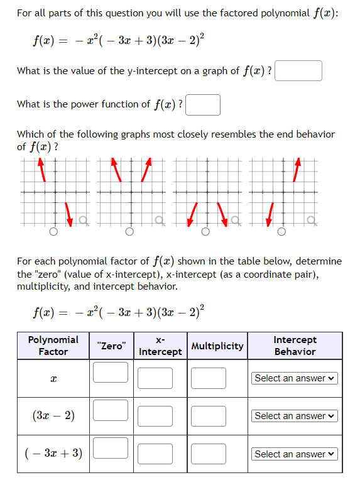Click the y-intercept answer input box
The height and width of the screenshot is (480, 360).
click(298, 70)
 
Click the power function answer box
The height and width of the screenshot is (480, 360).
click(203, 105)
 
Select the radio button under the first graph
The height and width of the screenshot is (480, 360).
click(53, 232)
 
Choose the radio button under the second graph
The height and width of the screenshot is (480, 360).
click(129, 232)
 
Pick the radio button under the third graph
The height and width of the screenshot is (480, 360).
click(205, 232)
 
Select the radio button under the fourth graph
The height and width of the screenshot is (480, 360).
click(281, 232)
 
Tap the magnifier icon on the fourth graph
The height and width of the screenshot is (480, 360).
click(310, 220)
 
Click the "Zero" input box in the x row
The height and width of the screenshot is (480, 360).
click(111, 372)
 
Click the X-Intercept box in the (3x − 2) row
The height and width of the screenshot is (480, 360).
click(155, 416)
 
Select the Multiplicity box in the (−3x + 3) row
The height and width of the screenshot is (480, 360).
click(209, 454)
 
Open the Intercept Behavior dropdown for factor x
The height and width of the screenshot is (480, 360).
click(295, 378)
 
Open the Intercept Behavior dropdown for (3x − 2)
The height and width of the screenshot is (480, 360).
click(295, 416)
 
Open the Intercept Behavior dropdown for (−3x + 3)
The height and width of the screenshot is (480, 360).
click(295, 454)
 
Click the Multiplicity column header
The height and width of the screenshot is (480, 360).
click(217, 346)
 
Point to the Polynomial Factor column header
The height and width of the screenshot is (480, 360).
click(53, 346)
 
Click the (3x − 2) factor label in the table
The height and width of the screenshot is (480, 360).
click(53, 415)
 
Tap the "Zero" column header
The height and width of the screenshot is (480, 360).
click(111, 346)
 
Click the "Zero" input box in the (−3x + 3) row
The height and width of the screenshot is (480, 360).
click(111, 447)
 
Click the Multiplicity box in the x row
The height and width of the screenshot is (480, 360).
click(209, 378)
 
